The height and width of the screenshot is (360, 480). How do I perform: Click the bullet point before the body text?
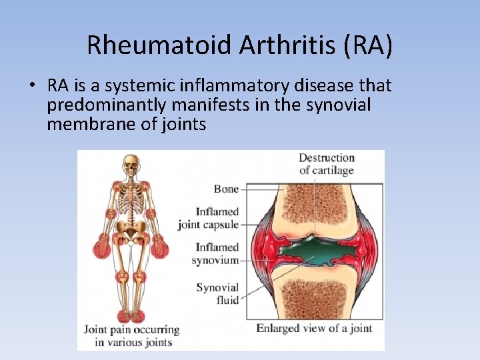pyautogui.click(x=31, y=86)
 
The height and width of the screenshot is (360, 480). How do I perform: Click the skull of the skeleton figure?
pyautogui.click(x=132, y=163)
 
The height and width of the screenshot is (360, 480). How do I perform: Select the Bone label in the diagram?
pyautogui.click(x=226, y=189)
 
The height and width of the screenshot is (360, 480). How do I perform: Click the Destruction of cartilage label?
pyautogui.click(x=326, y=164)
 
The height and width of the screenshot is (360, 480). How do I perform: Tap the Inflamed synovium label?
pyautogui.click(x=215, y=254)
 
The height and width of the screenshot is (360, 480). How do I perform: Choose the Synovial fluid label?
pyautogui.click(x=217, y=294)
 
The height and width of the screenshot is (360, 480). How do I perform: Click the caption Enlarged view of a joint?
pyautogui.click(x=314, y=328)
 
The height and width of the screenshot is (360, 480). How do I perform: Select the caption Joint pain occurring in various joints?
pyautogui.click(x=131, y=335)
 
